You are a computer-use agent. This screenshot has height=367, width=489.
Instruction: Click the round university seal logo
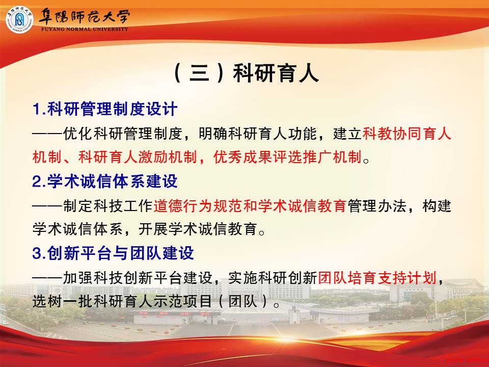(20, 19)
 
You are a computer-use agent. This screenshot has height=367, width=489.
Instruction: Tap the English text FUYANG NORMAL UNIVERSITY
(85, 29)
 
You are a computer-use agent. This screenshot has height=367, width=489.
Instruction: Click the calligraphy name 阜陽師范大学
(84, 17)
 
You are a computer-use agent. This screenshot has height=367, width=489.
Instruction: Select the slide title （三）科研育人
(246, 73)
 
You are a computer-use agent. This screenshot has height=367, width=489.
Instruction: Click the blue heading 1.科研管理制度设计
(105, 109)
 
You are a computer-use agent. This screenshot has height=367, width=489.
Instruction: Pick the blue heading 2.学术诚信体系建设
(105, 181)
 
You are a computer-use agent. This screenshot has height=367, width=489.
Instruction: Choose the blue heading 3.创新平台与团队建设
(113, 253)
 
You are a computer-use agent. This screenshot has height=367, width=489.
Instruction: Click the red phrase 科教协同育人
(406, 134)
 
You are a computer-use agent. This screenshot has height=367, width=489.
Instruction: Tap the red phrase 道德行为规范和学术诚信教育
(250, 206)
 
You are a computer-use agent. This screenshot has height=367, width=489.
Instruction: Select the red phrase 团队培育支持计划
(377, 278)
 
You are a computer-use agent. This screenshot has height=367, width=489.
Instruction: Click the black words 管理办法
(376, 206)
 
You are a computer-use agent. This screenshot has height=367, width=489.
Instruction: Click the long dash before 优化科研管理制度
(47, 134)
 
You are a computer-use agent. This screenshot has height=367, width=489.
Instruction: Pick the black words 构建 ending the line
(437, 206)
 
